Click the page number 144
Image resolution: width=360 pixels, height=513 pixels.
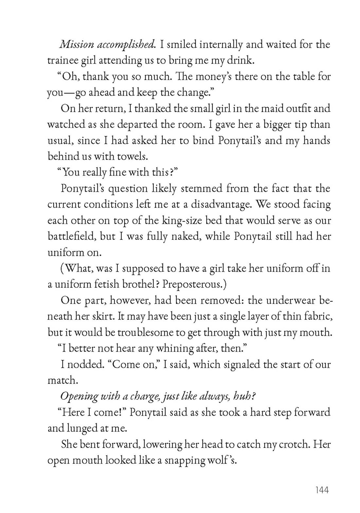[322, 490]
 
